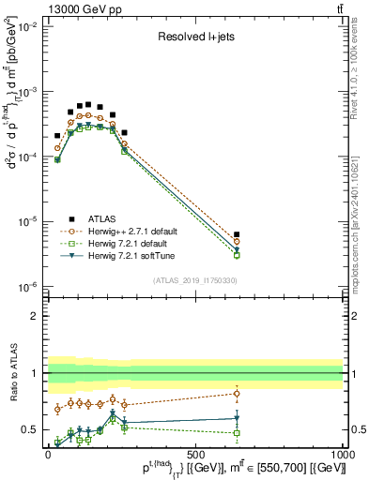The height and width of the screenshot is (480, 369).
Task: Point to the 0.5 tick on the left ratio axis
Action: [30, 429]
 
